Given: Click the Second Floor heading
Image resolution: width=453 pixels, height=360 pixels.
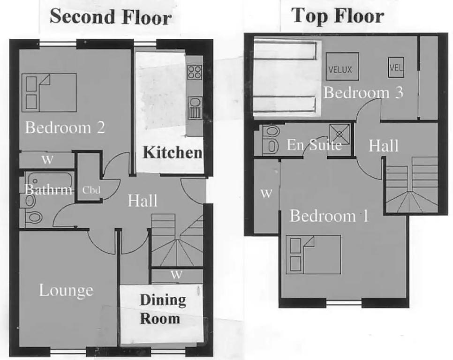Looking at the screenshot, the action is [x=111, y=17].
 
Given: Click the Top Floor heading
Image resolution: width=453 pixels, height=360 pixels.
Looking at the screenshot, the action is [x=338, y=16].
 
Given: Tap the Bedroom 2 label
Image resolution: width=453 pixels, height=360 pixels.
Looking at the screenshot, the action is [x=65, y=127].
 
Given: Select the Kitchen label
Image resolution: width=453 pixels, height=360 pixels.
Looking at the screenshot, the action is [x=173, y=152].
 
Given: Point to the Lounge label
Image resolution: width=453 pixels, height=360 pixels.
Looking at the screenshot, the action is [x=66, y=291].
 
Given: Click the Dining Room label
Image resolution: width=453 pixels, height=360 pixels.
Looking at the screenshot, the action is [x=162, y=309].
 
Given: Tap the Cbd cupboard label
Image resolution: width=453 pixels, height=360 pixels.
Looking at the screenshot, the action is [x=91, y=190].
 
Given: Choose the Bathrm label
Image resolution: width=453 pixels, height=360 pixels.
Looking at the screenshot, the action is [x=48, y=190].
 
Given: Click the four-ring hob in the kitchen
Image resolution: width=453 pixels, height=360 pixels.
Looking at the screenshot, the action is [x=195, y=72].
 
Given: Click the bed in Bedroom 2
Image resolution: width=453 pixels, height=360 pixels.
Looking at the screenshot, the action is [x=49, y=92].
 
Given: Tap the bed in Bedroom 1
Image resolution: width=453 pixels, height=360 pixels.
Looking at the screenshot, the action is [x=313, y=255].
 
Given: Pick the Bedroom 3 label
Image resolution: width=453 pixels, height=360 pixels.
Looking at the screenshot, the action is [x=363, y=93].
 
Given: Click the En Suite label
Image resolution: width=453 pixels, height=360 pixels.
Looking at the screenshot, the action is [x=314, y=145].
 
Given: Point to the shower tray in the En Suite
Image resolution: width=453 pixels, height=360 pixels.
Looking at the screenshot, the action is [x=340, y=134].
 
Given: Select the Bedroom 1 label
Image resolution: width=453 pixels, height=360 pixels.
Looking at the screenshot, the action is [x=329, y=216].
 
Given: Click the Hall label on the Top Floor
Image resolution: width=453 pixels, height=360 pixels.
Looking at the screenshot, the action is [x=384, y=145].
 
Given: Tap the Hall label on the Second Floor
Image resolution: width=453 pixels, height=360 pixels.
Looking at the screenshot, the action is [x=143, y=201].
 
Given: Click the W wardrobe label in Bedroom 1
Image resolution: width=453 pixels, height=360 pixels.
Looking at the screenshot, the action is [x=266, y=193].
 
